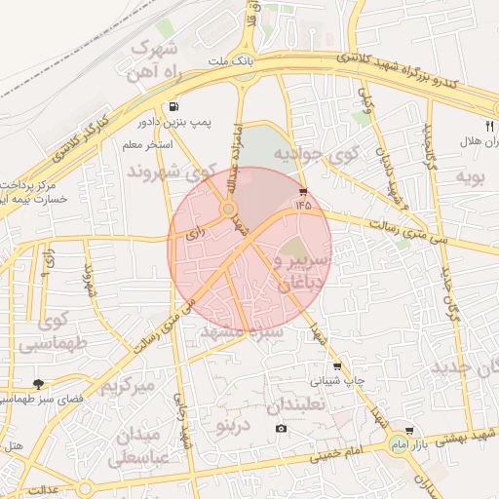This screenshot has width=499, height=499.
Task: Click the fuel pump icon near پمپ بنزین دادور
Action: tap(173, 107)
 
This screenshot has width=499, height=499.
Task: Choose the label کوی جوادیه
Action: tap(317, 154)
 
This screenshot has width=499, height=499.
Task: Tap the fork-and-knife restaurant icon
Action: tap(489, 125)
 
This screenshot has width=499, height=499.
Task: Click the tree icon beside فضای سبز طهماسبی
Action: tap(39, 385)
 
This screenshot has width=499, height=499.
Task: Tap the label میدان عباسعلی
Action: tap(143, 444)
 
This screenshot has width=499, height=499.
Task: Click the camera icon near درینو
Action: tap(281, 429)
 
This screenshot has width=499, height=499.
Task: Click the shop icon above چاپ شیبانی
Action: tap(337, 366)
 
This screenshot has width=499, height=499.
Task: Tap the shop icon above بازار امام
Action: tap(408, 430)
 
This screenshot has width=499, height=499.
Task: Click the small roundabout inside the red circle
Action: tap(228, 209)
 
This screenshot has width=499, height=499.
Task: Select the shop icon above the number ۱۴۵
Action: tap(303, 191)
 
